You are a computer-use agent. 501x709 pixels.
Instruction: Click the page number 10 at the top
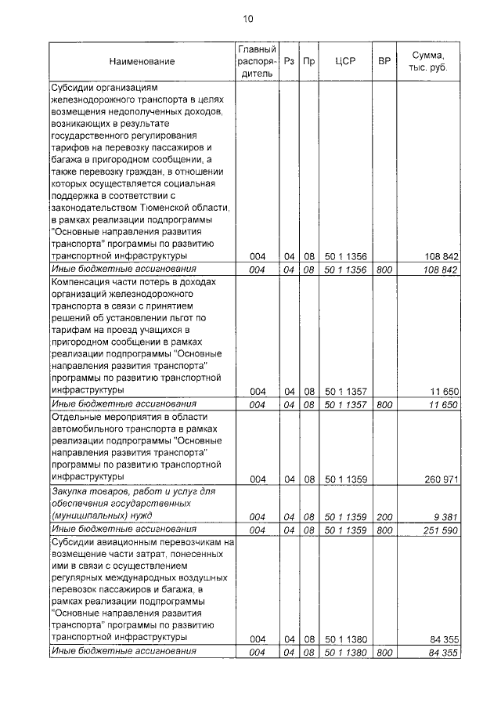(248, 19)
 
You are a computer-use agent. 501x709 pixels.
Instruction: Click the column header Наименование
(142, 61)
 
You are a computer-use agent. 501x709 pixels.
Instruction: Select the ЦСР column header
(346, 61)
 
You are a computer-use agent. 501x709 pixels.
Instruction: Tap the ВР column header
(384, 61)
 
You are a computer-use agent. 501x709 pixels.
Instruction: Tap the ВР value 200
(384, 516)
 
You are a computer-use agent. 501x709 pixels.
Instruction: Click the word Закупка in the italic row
(70, 490)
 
